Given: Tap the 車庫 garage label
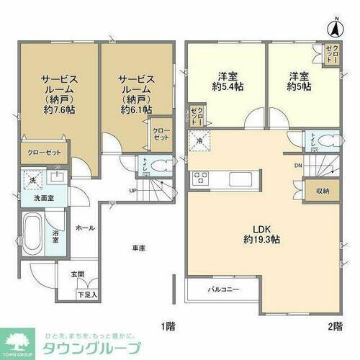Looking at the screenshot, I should click(x=139, y=248).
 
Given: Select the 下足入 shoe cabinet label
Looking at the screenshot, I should click(x=86, y=294).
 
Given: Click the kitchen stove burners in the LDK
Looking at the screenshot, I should click(x=200, y=179).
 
